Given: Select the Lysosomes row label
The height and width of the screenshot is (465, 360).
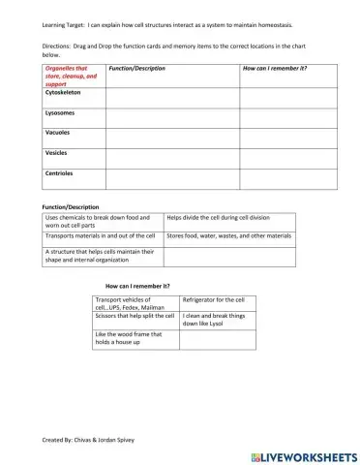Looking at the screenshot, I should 59,112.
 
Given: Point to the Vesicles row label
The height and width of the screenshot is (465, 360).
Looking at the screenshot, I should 56,153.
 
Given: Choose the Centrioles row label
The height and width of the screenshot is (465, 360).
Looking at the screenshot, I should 60,173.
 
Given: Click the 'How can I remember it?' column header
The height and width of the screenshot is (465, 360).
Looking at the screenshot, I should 274,70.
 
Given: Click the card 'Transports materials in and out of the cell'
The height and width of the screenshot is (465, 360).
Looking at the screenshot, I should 101,235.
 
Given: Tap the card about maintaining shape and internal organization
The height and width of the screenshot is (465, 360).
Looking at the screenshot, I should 101,257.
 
